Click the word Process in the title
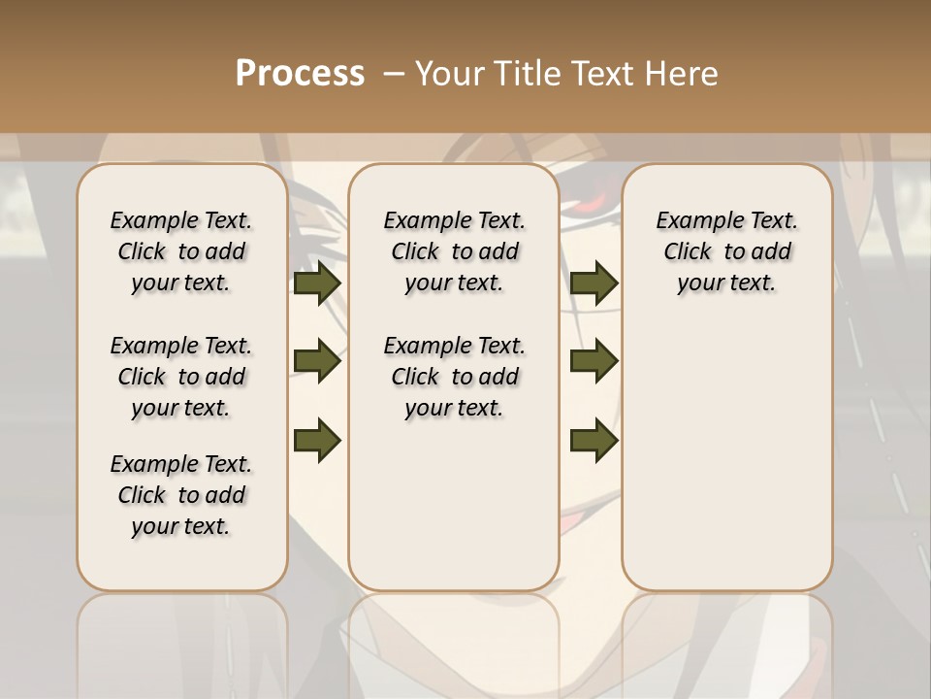click(300, 74)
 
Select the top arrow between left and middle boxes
click(317, 283)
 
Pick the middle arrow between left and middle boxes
click(317, 362)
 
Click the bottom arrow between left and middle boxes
click(317, 440)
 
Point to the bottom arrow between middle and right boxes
click(594, 440)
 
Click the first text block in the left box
click(181, 251)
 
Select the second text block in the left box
click(181, 377)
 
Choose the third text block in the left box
click(181, 495)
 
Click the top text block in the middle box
click(454, 251)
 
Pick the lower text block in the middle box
click(454, 377)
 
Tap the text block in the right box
click(727, 251)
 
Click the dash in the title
click(393, 74)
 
